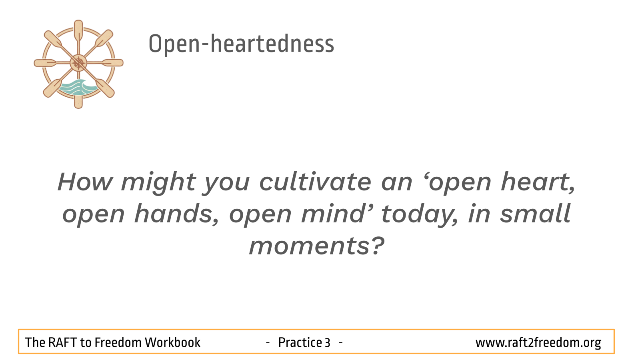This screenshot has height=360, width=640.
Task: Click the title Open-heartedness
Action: coord(241,44)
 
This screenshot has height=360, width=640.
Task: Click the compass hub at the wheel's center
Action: coord(78,63)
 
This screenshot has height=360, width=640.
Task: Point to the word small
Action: coord(535,214)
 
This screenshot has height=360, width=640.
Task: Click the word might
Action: coord(158,182)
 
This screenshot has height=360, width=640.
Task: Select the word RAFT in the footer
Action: coord(62,342)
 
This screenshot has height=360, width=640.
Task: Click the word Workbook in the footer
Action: coord(172,342)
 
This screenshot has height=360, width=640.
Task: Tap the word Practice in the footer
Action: coord(300,342)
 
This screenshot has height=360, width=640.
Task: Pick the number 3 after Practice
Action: coord(328,343)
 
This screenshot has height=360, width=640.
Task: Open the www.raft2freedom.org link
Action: coord(538,343)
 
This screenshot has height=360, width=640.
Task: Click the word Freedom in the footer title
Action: coord(118,342)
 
